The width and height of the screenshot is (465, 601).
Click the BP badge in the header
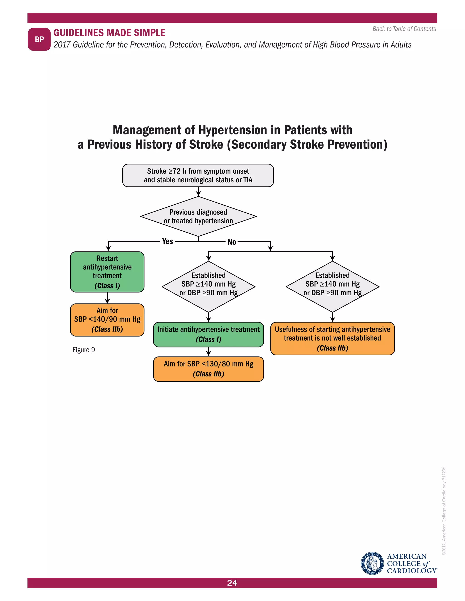pos(39,39)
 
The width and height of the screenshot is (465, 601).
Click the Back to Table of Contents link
pos(404,29)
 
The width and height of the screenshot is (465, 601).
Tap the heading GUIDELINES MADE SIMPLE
pos(109,33)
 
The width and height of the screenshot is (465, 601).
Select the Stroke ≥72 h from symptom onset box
pos(198,176)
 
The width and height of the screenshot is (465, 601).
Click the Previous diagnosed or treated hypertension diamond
pos(198,216)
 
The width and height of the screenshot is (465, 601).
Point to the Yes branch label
pos(167,241)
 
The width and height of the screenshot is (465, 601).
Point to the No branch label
pos(232,242)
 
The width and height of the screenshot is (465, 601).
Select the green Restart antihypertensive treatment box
pos(107,272)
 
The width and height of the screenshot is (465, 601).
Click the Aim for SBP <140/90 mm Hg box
pos(107,320)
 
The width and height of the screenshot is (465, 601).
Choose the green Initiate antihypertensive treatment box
pos(208,334)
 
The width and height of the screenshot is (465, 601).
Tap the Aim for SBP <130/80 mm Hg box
pos(208,369)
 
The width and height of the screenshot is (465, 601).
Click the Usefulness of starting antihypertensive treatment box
pos(332,338)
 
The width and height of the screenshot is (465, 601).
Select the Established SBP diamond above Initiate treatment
pos(208,286)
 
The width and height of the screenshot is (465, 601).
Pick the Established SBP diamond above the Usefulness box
pos(332,286)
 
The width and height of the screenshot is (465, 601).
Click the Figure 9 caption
pos(84,350)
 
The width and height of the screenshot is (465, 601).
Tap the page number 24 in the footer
pos(232,583)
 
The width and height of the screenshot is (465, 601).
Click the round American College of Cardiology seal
pos(372,563)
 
